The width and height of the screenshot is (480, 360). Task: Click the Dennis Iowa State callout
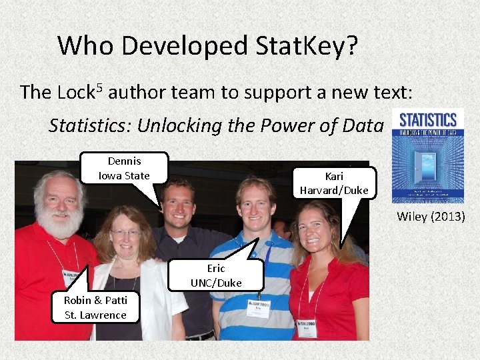click(x=124, y=168)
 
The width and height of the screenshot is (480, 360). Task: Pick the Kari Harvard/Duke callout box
click(x=334, y=183)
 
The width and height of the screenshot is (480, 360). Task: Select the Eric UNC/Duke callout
click(x=216, y=275)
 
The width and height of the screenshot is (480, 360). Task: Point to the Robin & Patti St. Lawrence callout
click(x=95, y=307)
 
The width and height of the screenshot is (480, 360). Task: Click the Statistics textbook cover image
click(x=427, y=156)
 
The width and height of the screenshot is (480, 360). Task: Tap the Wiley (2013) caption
click(x=431, y=216)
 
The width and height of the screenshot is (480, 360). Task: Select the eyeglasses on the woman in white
click(x=127, y=233)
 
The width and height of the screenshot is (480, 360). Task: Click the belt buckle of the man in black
click(x=200, y=335)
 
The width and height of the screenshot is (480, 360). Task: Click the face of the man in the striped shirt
click(x=256, y=207)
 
